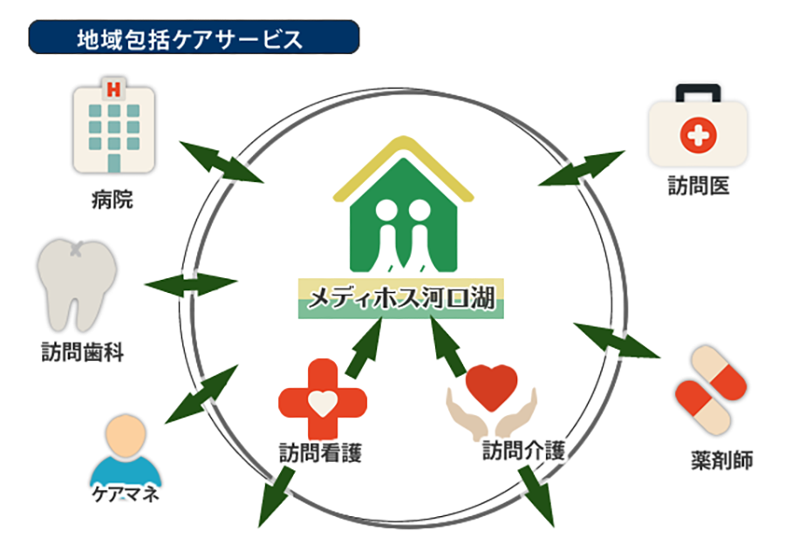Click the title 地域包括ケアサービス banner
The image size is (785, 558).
(x=194, y=38)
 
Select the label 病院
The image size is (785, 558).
(x=112, y=201)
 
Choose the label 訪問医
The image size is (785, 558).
(x=698, y=187)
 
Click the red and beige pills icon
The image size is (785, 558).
(x=711, y=391)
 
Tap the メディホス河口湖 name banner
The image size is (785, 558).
(x=400, y=299)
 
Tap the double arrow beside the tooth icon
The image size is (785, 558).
(x=190, y=284)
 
